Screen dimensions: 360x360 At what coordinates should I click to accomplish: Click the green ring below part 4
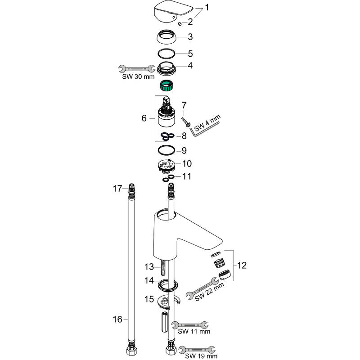pos(168,84)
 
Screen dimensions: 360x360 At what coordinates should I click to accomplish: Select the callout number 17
pos(117,189)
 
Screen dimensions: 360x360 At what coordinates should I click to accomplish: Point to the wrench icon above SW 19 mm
pos(197,349)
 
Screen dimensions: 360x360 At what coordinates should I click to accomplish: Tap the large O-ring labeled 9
pos(167,150)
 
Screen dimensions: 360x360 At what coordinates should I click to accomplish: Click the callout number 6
pos(144,118)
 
